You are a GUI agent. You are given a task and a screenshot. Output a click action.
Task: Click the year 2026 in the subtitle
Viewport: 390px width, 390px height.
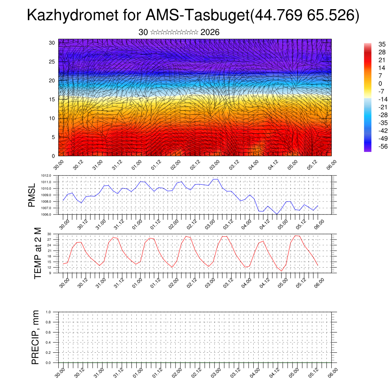click(210, 32)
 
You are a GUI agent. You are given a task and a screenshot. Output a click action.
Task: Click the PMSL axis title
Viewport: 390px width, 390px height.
click(32, 195)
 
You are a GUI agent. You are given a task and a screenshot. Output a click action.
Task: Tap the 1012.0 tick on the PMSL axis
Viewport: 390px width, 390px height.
click(48, 176)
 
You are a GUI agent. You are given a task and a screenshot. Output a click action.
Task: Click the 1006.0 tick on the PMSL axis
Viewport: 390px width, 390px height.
click(48, 215)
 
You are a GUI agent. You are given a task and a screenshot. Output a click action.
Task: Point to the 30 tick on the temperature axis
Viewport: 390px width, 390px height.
click(50, 234)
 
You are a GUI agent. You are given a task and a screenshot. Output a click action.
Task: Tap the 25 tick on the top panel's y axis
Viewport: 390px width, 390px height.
click(52, 62)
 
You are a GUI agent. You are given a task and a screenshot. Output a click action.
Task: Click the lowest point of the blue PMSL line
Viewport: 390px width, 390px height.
click(277, 214)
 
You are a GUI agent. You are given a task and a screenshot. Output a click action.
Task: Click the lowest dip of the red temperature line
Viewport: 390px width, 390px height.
click(281, 271)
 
